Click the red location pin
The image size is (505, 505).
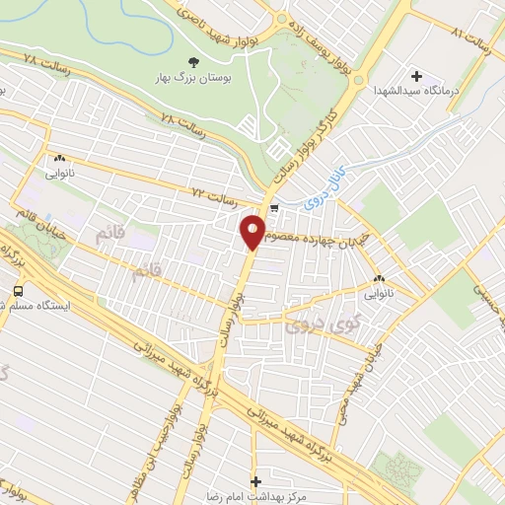coord(252,233)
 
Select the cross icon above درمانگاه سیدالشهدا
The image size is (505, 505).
coord(415,76)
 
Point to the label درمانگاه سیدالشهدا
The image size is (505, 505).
coord(415,91)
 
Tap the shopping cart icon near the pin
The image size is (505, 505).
coord(275,208)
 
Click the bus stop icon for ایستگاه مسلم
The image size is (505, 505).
coord(18,291)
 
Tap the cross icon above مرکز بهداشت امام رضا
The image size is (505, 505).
coord(256,481)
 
